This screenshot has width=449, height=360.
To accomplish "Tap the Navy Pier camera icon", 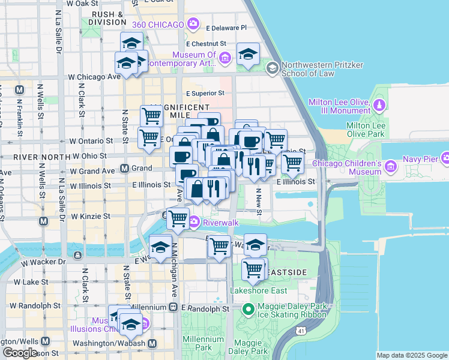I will click(445, 158).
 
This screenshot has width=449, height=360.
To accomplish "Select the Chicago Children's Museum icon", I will click(391, 166).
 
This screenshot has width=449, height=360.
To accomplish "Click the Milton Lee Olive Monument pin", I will click(379, 106).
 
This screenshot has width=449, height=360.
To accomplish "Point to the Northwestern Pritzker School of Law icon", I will click(273, 68).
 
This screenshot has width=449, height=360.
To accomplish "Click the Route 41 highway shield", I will click(300, 330).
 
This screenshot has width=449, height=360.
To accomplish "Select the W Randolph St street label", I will click(36, 305).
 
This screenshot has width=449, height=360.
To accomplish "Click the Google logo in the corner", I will click(19, 353).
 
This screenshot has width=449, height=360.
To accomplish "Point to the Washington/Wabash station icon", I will click(152, 344).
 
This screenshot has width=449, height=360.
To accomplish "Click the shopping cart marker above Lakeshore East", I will click(254, 270).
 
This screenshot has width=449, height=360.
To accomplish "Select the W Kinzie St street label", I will click(91, 216).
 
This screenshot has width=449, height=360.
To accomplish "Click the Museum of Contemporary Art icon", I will click(224, 58).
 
